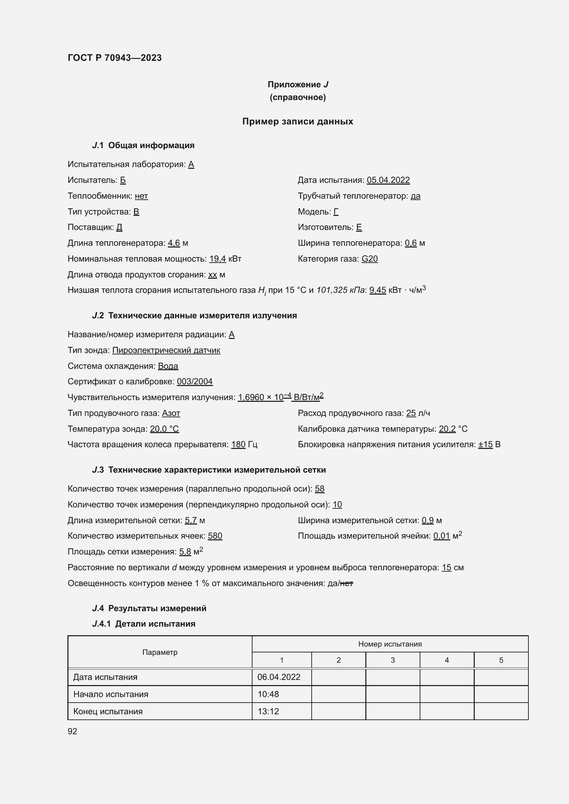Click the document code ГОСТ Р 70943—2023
pos(115,58)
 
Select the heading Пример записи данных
pos(298,121)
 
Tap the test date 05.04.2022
pos(388,180)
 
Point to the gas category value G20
pos(369,259)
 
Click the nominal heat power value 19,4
pos(217,259)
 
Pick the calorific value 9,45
pos(377,290)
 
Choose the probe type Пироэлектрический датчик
pos(166,350)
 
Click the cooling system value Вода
pos(168,366)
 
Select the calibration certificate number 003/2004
pos(194,381)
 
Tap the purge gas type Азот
pos(171,413)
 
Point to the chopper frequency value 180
pos(238,444)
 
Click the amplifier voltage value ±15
pos(485,444)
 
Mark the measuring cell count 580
pos(215,536)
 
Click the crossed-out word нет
pos(346,583)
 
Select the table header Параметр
pos(160,652)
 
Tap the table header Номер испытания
pos(390,644)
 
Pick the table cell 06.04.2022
pos(279,677)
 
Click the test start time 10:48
pos(268,694)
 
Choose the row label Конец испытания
pos(108,711)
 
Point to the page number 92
pos(73,731)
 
